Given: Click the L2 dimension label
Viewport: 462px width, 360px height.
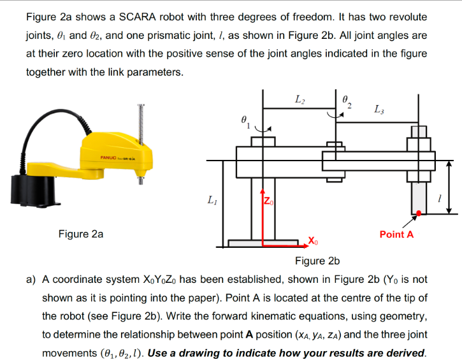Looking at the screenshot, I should point(300,99).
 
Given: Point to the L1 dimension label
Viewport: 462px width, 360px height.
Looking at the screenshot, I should point(210,201).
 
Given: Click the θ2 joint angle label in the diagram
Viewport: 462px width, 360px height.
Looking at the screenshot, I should point(347,101).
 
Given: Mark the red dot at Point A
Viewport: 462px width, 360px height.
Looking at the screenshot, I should point(418,213).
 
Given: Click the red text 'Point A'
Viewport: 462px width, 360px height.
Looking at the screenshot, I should point(396,234).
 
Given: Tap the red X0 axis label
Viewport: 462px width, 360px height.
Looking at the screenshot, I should point(314,240).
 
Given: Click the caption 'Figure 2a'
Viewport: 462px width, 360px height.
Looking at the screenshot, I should point(80,234).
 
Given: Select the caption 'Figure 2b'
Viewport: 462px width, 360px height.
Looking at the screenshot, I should point(317,261).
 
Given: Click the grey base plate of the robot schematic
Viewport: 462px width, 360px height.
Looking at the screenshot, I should point(263,243).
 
